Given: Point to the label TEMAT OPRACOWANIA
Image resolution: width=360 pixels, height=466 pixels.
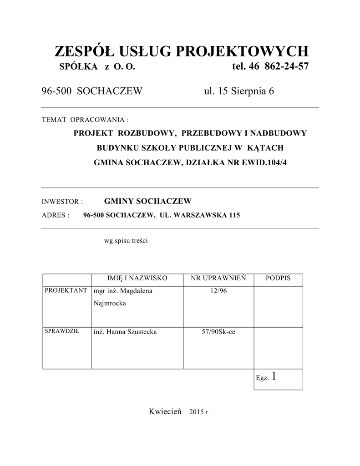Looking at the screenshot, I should [x=85, y=120].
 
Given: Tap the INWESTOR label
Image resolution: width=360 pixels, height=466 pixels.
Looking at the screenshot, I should [x=62, y=202].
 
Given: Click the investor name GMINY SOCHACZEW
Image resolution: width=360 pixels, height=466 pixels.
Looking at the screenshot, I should [x=148, y=201].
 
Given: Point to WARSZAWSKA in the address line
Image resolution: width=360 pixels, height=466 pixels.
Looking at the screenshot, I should [x=199, y=215].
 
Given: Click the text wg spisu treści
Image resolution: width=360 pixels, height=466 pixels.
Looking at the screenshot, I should [x=126, y=241].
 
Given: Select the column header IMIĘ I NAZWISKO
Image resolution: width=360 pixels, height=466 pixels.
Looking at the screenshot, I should [x=137, y=278].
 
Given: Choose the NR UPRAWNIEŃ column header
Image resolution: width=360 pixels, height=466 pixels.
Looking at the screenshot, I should [x=218, y=278].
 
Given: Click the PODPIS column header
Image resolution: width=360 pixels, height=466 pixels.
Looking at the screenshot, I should [x=278, y=278].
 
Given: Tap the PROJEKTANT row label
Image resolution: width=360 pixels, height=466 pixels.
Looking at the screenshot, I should [x=66, y=290].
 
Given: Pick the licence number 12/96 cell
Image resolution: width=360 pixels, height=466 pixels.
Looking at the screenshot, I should [x=218, y=291].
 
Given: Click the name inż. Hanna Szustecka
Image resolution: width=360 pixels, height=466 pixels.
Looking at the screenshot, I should [x=125, y=332].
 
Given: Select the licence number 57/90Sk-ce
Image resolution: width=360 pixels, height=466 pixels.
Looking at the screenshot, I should [x=218, y=332].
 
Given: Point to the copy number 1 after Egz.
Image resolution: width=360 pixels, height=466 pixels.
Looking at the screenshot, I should [x=273, y=376].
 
